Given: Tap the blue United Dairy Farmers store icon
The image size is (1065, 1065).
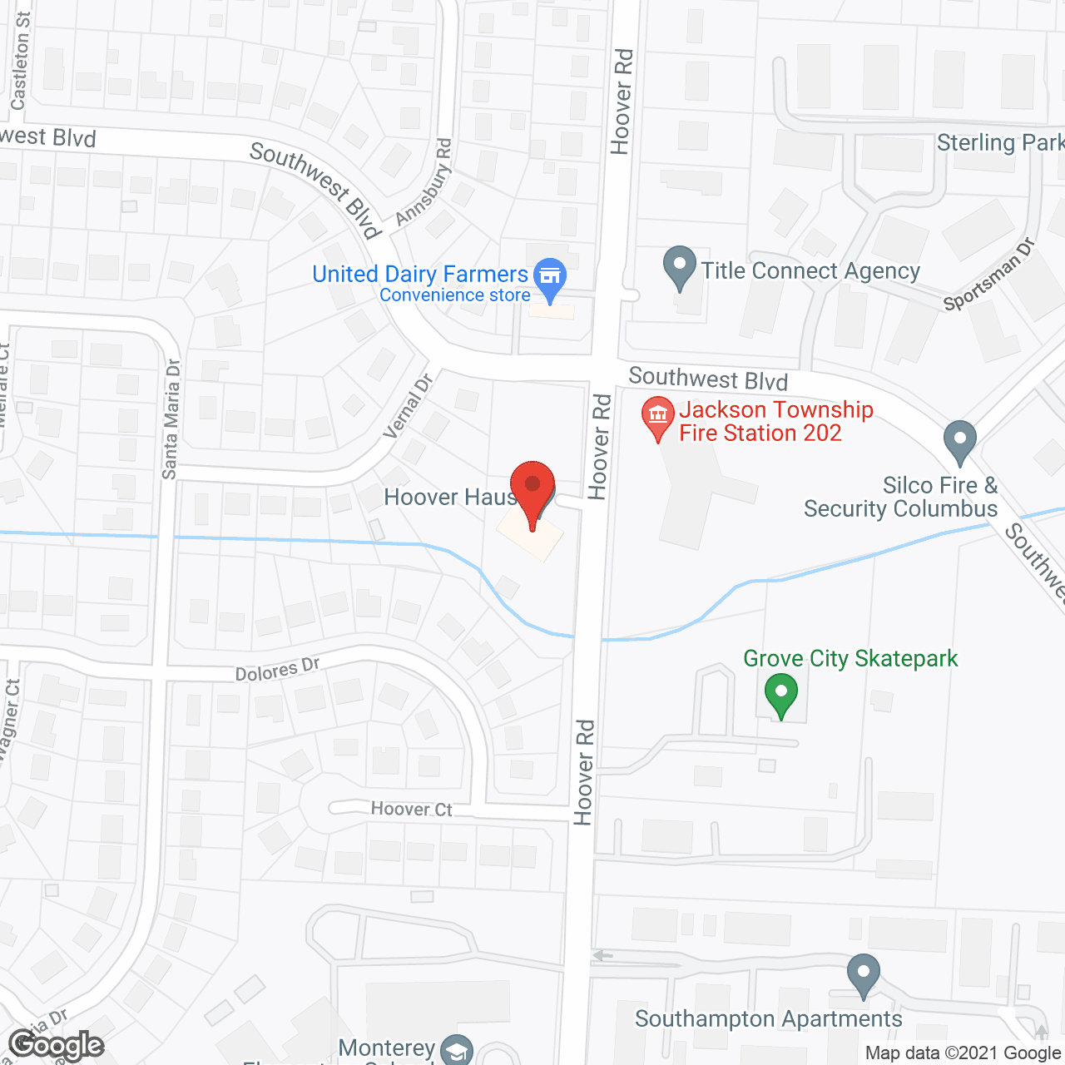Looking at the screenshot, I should coord(550,277).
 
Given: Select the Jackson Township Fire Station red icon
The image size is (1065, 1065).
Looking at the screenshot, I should coord(658,418).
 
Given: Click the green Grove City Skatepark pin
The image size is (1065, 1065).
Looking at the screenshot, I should coord(780,693).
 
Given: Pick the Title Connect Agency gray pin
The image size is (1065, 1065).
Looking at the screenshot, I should coord(680,266).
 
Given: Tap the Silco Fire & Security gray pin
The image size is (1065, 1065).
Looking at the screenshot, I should coord(959,441).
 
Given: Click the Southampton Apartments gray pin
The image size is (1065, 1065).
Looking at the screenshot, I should coord(863,973).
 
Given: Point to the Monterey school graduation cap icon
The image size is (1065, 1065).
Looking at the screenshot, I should coord(456,1050).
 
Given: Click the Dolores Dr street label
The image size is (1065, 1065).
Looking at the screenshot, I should coord(278,669).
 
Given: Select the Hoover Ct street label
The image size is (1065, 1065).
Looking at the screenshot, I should coord(411,809).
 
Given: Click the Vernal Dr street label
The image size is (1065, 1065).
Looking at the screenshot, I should coord(409,406).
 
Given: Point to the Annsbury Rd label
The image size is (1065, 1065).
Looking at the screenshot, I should coord(424,182).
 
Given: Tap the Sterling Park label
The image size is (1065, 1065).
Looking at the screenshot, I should coord(999,143).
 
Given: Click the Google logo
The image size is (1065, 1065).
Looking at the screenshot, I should coord(56,1045).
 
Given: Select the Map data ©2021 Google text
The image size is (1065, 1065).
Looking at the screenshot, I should coord(963,1053).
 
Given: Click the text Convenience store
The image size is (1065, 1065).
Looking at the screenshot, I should coord(454,295).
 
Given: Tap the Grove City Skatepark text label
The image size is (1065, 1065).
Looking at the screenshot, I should coord(850,659).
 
